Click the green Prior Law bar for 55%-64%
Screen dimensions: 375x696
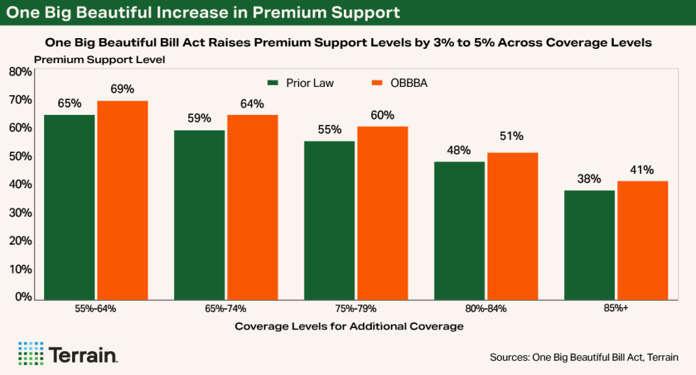[69, 207]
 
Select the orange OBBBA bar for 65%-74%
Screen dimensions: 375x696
[252, 207]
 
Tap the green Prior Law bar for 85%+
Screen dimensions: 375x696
[589, 245]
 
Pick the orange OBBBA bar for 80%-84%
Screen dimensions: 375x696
[512, 226]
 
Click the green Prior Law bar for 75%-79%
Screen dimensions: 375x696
[330, 220]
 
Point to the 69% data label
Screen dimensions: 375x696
[122, 89]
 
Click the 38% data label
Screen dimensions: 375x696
[589, 179]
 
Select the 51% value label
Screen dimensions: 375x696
[512, 136]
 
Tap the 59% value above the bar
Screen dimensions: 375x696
[200, 117]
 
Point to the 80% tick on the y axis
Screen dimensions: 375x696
[20, 71]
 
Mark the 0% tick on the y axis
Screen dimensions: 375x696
[22, 297]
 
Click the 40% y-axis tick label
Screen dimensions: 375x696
[20, 184]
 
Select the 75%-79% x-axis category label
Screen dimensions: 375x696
[355, 308]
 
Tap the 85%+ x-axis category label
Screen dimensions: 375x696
[616, 308]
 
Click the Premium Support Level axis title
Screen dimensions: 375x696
[99, 59]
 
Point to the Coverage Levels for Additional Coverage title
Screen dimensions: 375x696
[349, 326]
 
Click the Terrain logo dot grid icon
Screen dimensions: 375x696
[31, 353]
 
